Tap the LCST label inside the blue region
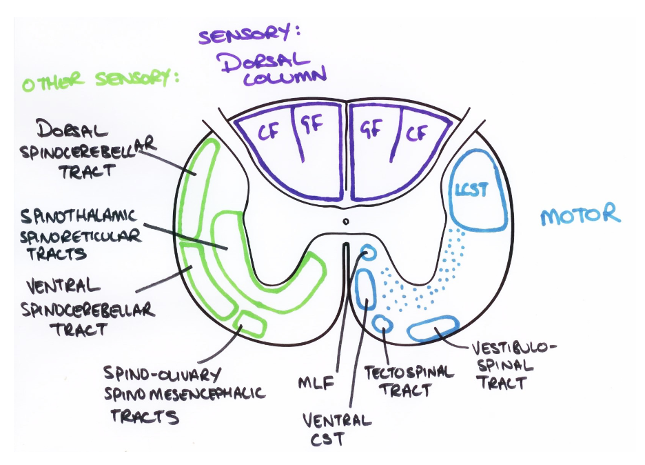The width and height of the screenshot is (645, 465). click(472, 190)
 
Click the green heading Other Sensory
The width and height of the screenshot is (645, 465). click(99, 82)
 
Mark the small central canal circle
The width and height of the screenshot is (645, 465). click(346, 221)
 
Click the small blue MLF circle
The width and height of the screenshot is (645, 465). click(369, 253)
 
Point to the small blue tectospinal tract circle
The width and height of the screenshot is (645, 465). click(382, 324)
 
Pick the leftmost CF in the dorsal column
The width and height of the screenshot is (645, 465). click(267, 132)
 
